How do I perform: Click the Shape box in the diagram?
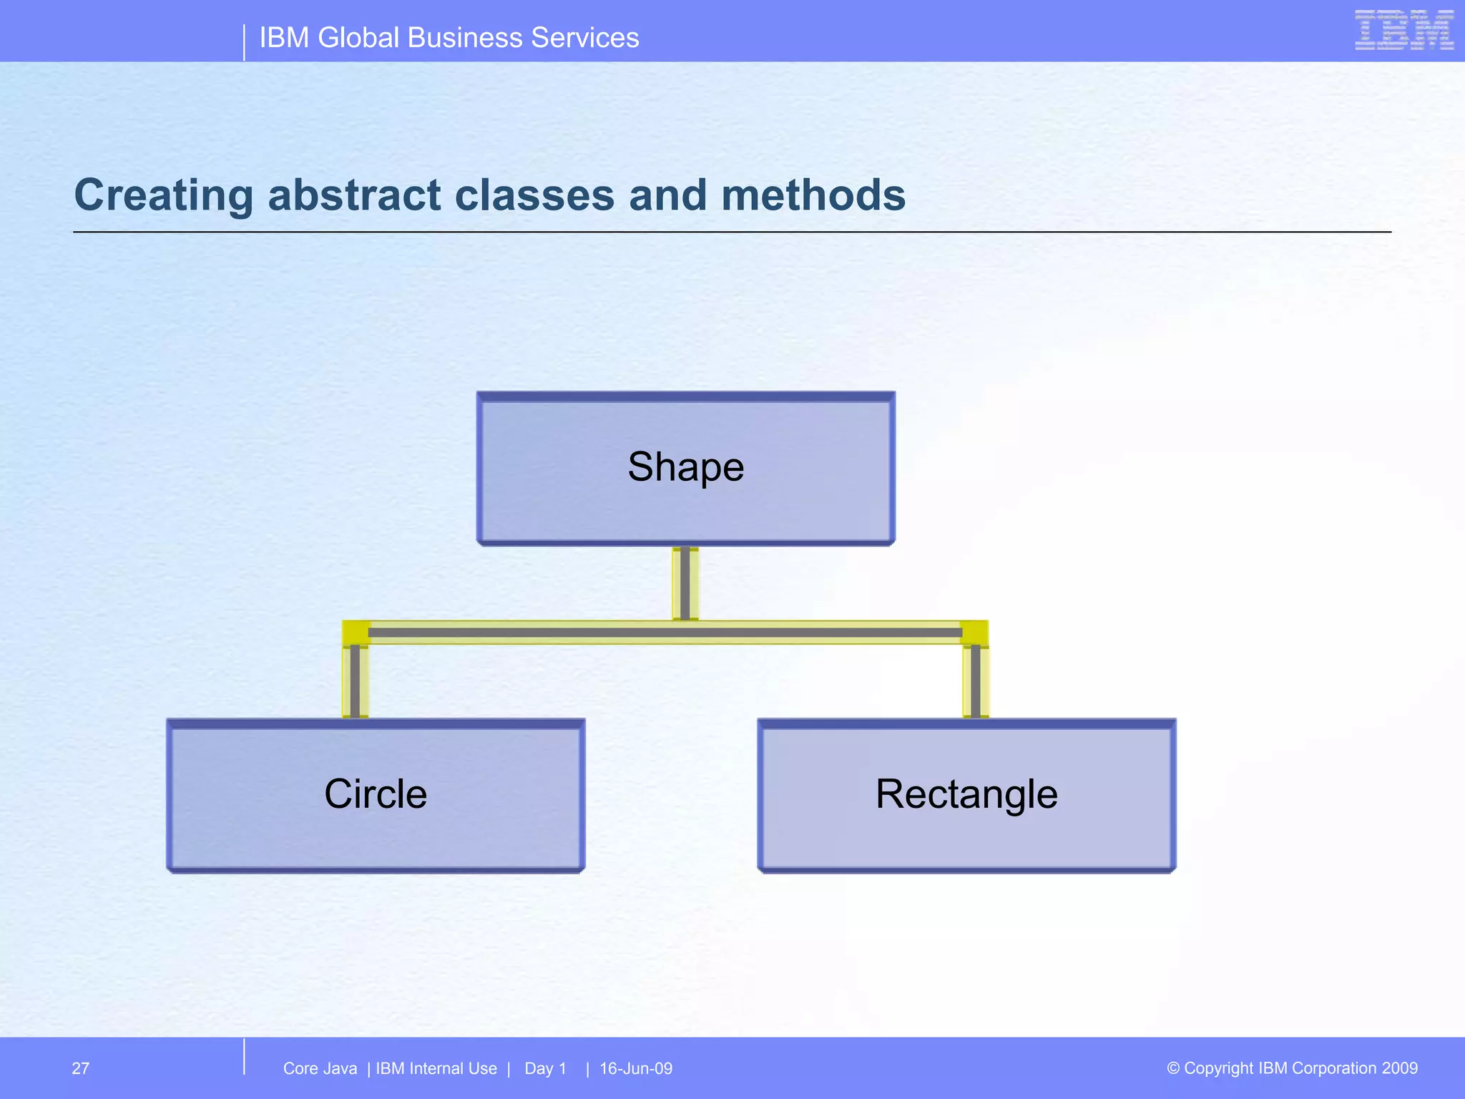click(x=685, y=469)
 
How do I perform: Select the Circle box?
click(x=376, y=795)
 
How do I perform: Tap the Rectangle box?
click(x=966, y=795)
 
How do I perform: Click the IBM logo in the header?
click(x=1403, y=30)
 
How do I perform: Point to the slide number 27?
click(x=81, y=1068)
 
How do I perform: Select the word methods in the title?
click(x=813, y=195)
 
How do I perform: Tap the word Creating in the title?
click(x=163, y=197)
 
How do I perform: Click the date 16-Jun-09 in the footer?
click(x=636, y=1068)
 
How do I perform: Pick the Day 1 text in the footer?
click(x=545, y=1068)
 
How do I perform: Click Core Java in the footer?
click(x=320, y=1068)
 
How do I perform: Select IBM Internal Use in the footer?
click(x=436, y=1068)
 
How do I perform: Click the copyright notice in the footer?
click(x=1292, y=1068)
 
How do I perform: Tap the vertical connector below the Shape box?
click(x=685, y=582)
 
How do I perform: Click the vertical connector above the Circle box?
click(x=356, y=680)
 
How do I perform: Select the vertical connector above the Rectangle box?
click(x=976, y=680)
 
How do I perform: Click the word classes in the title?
click(x=534, y=195)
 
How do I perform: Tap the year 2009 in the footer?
click(x=1400, y=1068)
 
